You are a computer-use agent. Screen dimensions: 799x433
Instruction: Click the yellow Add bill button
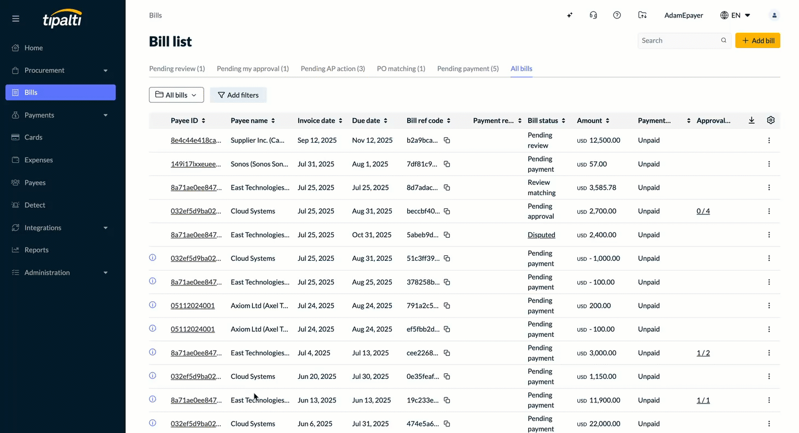[x=757, y=40]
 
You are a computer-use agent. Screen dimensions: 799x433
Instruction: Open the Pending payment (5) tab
[x=468, y=68]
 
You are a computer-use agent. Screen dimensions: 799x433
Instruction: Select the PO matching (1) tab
[x=401, y=68]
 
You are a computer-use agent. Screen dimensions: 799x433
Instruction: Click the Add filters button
[x=238, y=95]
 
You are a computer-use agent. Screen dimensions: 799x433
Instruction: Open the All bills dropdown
[x=177, y=95]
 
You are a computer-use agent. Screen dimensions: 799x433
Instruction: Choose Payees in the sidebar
[x=35, y=183]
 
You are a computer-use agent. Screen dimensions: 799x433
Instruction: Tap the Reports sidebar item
[x=36, y=250]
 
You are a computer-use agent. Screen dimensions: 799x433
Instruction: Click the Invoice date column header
[x=316, y=120]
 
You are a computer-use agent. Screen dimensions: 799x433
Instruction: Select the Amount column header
[x=589, y=120]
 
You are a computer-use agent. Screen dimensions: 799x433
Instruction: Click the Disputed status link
[x=541, y=235]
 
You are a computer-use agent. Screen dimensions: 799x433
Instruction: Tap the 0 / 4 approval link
[x=703, y=211]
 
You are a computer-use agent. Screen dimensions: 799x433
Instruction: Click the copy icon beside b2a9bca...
[x=447, y=140]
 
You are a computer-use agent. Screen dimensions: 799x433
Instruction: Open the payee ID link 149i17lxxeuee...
[x=196, y=164]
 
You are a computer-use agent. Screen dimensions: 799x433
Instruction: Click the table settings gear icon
[x=771, y=120]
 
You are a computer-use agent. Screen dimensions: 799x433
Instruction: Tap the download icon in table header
[x=751, y=120]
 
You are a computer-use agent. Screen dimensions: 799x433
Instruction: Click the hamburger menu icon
[x=16, y=19]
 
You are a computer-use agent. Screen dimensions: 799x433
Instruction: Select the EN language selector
[x=735, y=15]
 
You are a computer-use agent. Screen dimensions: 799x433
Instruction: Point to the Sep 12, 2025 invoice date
[x=317, y=140]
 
